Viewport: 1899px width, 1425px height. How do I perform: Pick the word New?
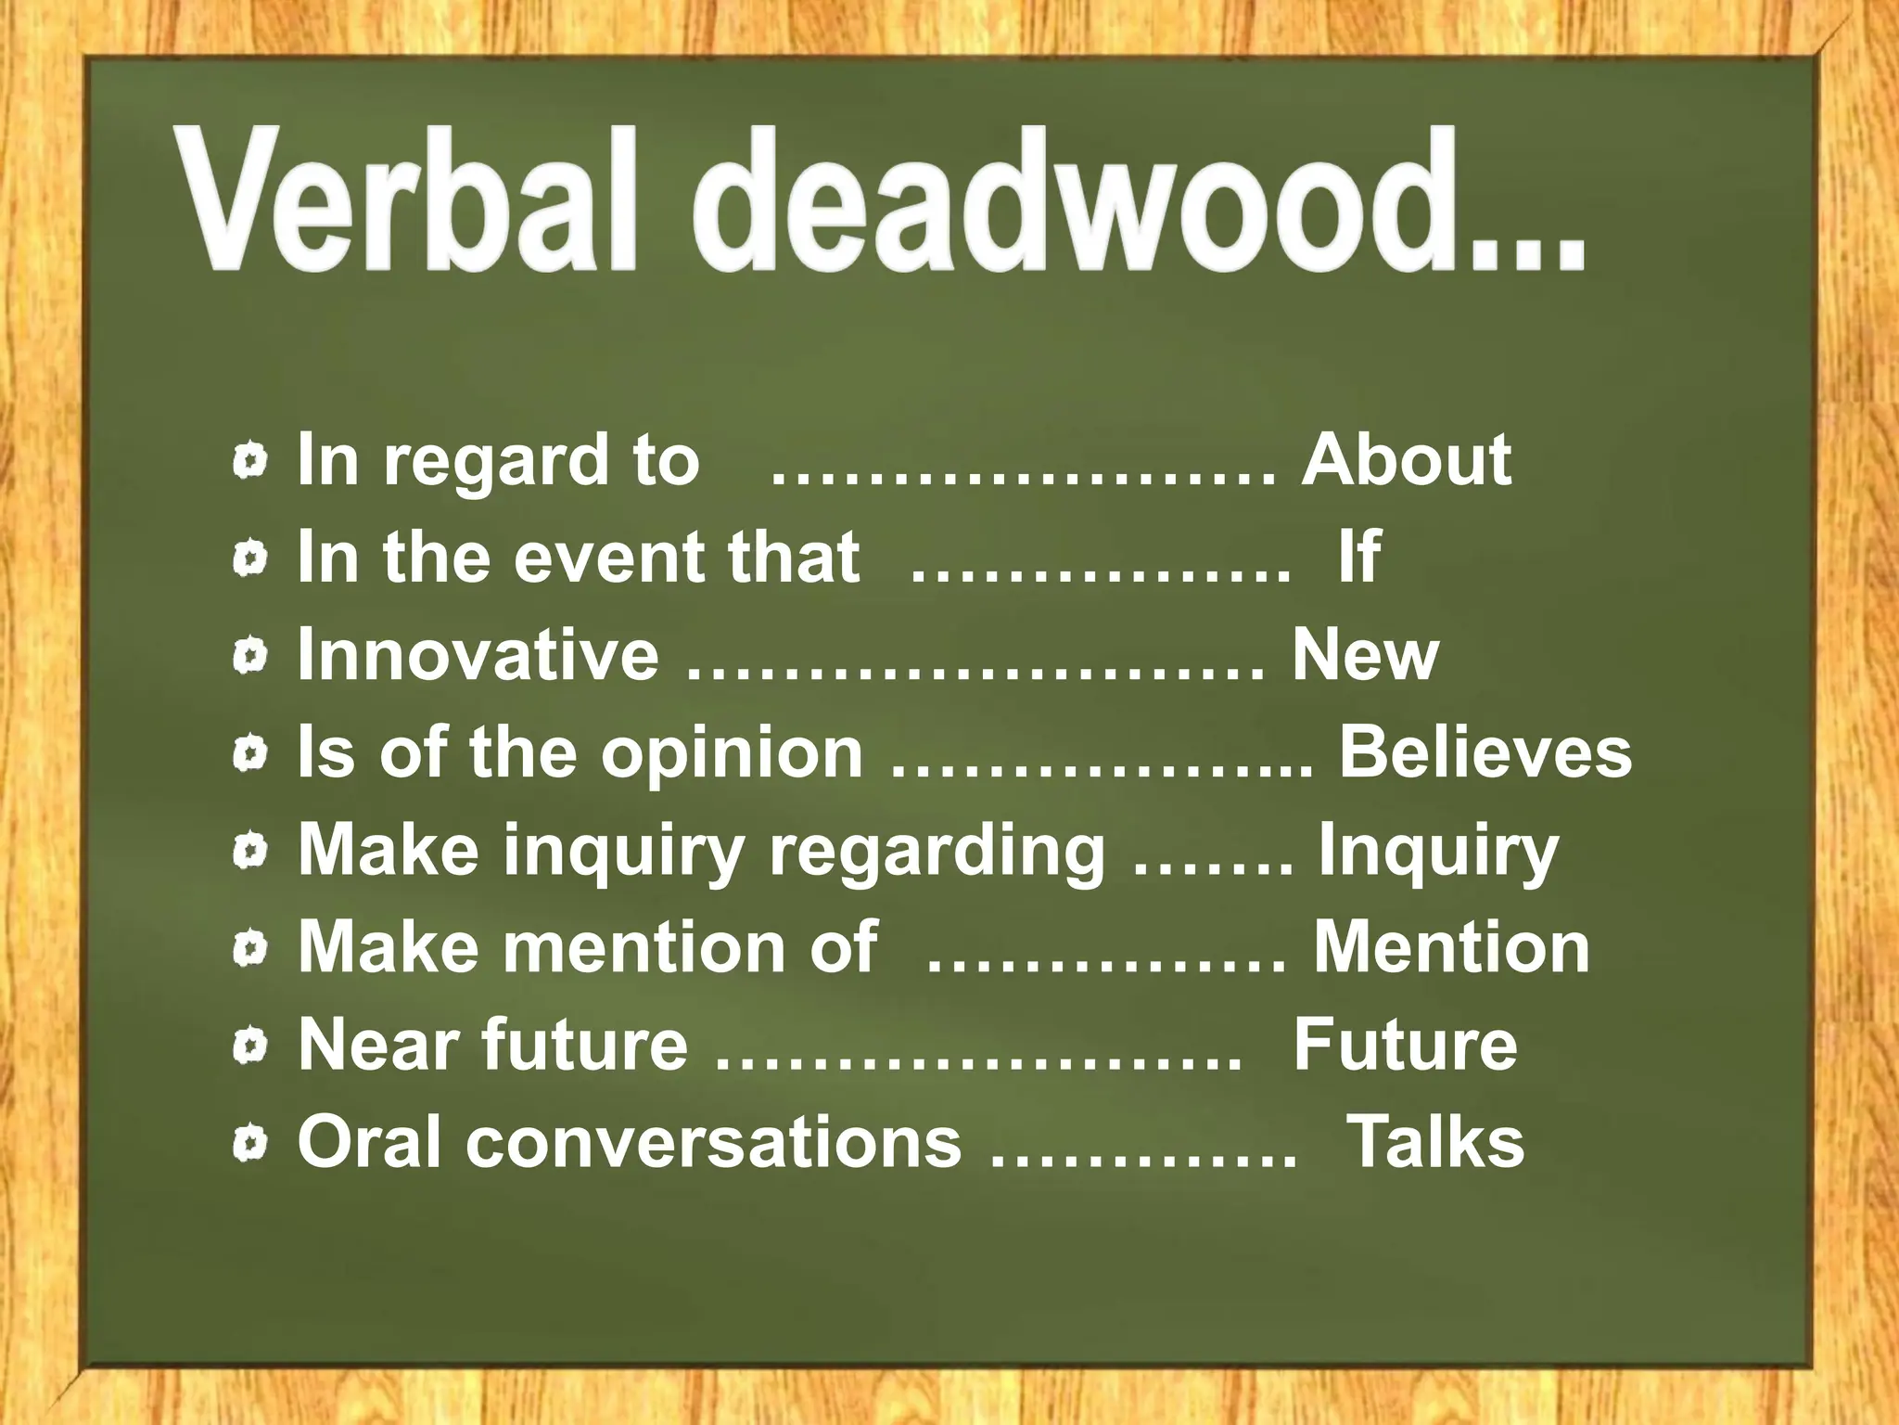click(1365, 654)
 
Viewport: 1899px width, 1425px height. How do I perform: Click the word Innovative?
click(478, 654)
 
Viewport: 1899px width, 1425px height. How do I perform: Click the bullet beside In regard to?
click(250, 461)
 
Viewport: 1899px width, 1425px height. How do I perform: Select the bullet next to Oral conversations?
click(250, 1144)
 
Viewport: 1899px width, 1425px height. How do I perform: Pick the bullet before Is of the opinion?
click(250, 754)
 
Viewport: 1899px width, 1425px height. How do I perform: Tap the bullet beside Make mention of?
click(250, 949)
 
